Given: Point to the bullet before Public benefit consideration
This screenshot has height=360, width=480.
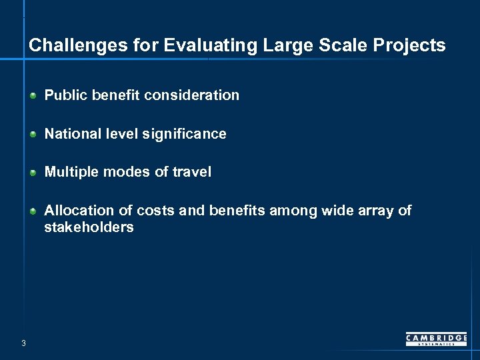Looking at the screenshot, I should [x=33, y=96].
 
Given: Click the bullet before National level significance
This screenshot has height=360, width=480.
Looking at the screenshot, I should [x=33, y=135].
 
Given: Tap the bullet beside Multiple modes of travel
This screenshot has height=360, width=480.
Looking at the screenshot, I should [x=33, y=173].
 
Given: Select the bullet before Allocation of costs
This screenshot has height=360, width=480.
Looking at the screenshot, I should [x=33, y=211].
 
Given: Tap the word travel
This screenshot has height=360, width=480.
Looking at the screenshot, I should [x=192, y=172].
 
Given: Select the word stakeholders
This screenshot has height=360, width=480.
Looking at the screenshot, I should [x=89, y=227].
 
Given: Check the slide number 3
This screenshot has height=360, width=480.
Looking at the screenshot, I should [x=23, y=343].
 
